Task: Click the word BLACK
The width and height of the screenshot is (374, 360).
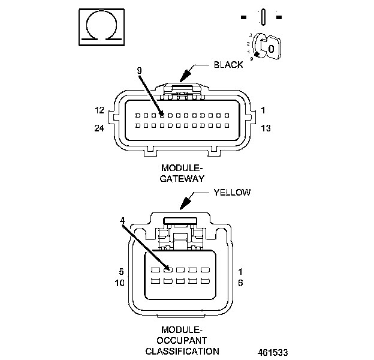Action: (x=228, y=65)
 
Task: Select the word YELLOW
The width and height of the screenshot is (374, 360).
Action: (x=232, y=193)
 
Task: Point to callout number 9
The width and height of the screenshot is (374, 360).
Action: (x=139, y=71)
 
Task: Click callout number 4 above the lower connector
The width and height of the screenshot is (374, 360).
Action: (x=122, y=221)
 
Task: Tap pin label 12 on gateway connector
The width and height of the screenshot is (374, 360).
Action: (x=99, y=111)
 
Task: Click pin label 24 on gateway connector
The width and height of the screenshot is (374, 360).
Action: (x=99, y=128)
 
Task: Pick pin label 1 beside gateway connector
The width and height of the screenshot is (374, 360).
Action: (x=263, y=111)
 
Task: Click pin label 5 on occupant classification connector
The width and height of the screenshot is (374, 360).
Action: (x=122, y=271)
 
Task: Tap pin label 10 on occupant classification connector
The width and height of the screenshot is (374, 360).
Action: (x=120, y=282)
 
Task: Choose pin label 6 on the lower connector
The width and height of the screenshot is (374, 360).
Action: (x=240, y=282)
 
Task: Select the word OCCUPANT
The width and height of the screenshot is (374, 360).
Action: (x=183, y=340)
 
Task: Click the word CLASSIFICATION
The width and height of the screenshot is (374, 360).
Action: (x=182, y=351)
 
